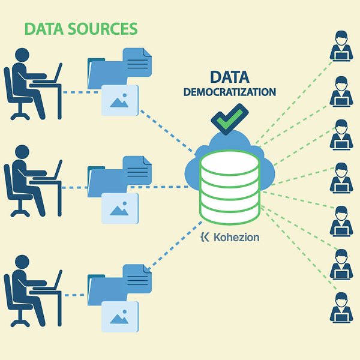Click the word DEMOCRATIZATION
click(x=230, y=92)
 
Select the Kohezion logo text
click(x=235, y=237)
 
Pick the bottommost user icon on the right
click(x=341, y=307)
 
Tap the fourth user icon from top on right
click(x=341, y=177)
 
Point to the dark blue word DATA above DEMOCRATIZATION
click(x=230, y=77)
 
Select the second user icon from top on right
click(x=341, y=91)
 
